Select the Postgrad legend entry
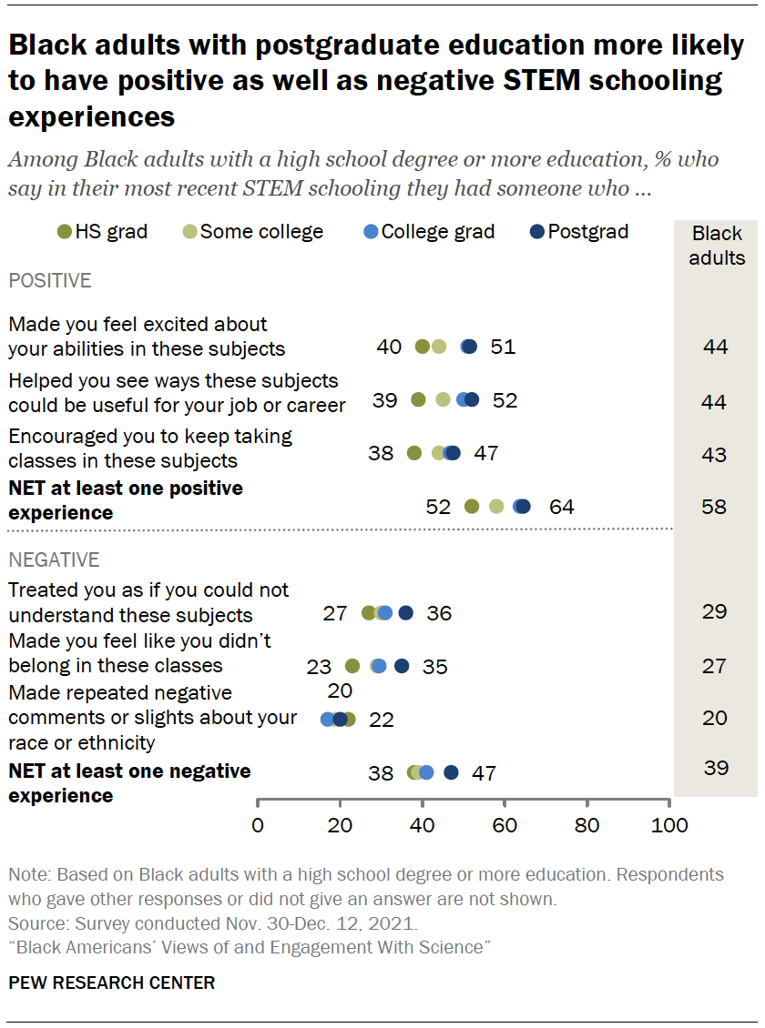[578, 232]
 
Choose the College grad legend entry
[428, 232]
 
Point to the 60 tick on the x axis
[505, 826]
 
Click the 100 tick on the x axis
[669, 826]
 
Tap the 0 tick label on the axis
[259, 826]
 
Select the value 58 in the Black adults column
[715, 507]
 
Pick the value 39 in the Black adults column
[716, 769]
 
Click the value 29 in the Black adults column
[715, 611]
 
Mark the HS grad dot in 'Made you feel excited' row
[422, 347]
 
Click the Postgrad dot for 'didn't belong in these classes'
[402, 666]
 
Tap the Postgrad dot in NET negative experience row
[451, 773]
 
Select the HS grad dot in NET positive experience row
[472, 507]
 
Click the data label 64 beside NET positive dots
[561, 507]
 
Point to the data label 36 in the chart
[439, 613]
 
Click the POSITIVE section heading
[50, 280]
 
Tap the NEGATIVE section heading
[54, 559]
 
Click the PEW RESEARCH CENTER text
[112, 983]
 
